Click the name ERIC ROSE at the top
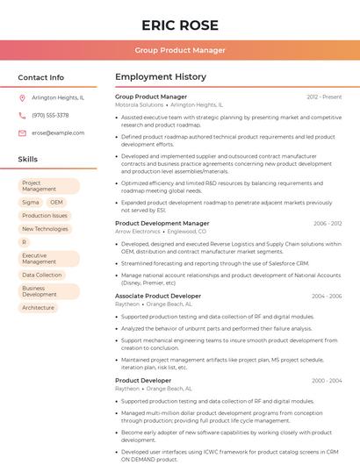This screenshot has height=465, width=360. click(x=179, y=25)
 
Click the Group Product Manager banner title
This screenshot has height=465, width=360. click(x=179, y=50)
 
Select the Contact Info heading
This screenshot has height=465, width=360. click(x=40, y=77)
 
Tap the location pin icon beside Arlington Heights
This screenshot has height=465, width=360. click(x=22, y=97)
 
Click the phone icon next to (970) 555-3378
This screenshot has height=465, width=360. click(x=22, y=115)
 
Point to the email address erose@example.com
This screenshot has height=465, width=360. click(x=58, y=132)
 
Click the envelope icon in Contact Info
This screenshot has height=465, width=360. click(x=22, y=132)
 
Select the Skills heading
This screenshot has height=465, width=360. click(x=28, y=159)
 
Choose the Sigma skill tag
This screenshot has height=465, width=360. click(x=31, y=202)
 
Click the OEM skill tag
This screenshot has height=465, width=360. click(x=57, y=202)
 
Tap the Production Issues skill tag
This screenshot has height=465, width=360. click(x=45, y=215)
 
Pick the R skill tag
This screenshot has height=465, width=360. click(x=25, y=241)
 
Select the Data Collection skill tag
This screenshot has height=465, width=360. click(x=42, y=275)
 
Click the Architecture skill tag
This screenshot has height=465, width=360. click(x=38, y=307)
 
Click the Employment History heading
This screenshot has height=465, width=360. click(x=161, y=77)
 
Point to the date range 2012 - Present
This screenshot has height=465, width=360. click(x=324, y=97)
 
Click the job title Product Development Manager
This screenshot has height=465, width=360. click(x=162, y=224)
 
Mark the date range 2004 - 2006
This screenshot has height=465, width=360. click(x=327, y=297)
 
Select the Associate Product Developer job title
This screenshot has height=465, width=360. click(x=158, y=297)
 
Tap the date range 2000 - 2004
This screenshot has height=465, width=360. click(x=327, y=381)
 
